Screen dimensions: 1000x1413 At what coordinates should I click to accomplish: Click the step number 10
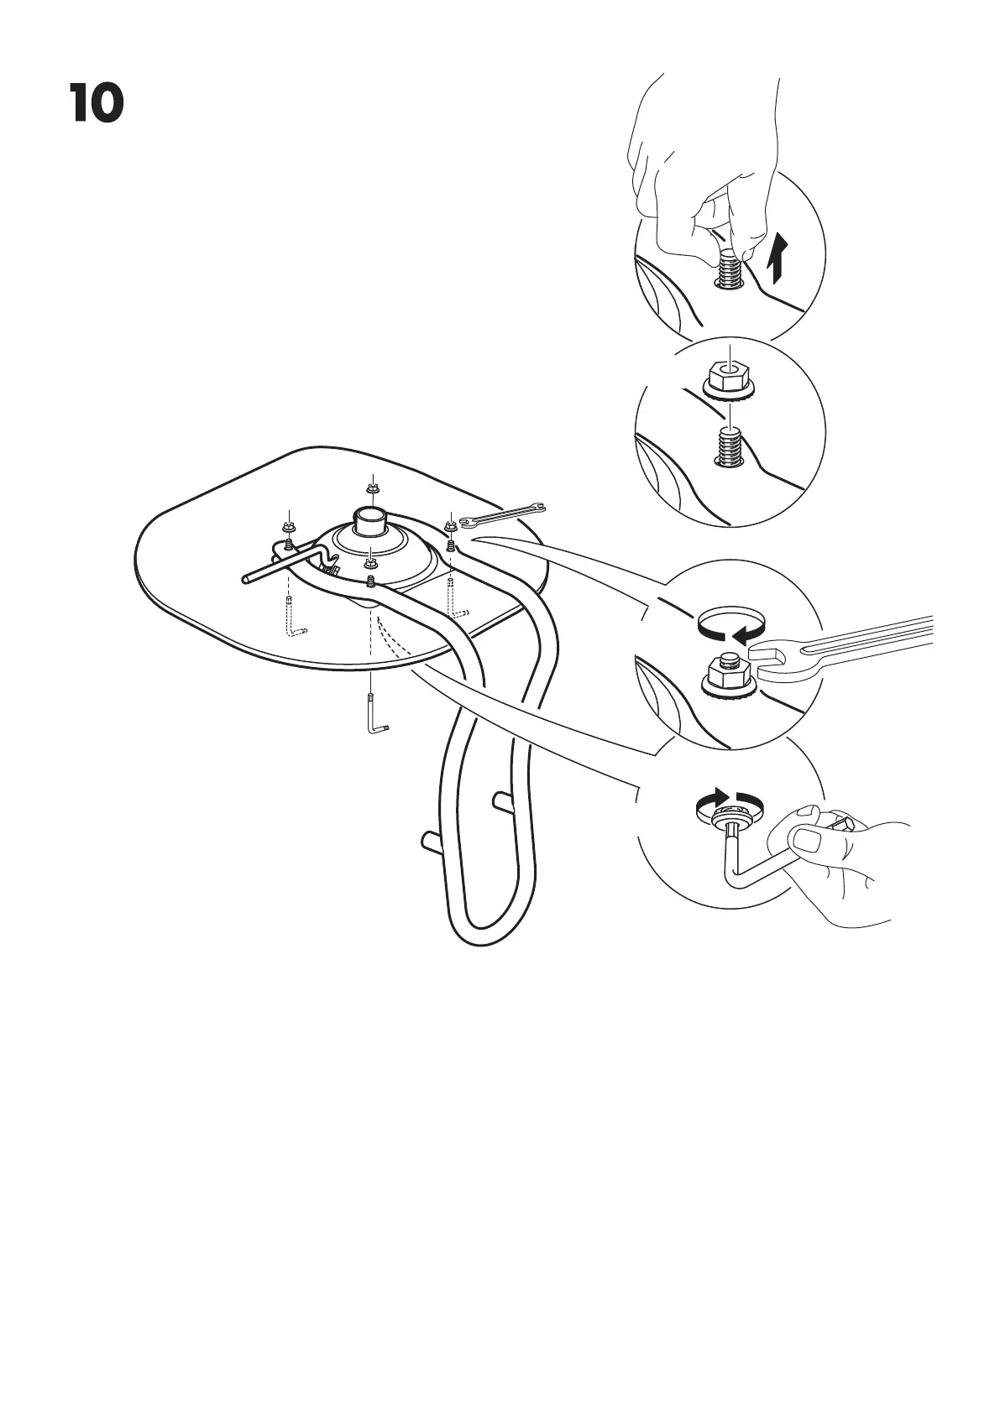click(97, 105)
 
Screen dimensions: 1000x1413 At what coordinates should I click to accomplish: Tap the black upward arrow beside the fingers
click(778, 258)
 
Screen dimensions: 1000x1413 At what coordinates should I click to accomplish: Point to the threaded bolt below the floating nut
click(729, 445)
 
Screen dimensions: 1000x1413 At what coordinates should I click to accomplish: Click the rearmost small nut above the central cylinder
click(371, 488)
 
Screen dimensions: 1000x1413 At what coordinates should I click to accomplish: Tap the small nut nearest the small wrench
click(450, 526)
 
